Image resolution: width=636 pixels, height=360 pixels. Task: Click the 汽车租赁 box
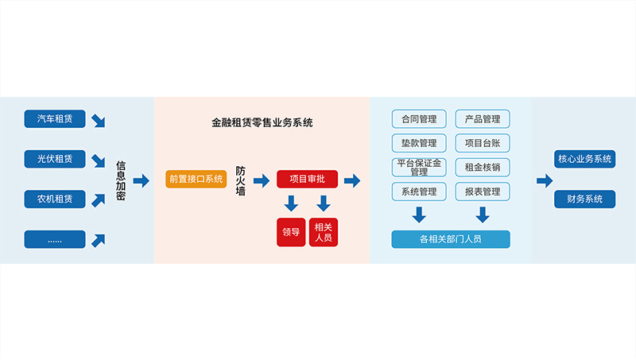click(x=54, y=119)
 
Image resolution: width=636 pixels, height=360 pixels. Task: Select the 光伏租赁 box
click(x=54, y=159)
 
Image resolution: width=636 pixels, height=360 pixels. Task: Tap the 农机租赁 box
click(x=54, y=199)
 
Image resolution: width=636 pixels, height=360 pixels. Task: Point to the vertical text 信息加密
click(x=121, y=180)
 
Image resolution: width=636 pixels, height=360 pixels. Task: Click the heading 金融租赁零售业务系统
click(x=262, y=123)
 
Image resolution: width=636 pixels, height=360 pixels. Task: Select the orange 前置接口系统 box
click(x=196, y=179)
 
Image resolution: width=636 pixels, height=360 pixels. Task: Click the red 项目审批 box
click(x=307, y=180)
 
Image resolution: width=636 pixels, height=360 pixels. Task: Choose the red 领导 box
click(x=290, y=232)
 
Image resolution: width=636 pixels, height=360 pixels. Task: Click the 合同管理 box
click(x=419, y=119)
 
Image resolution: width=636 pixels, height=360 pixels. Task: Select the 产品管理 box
click(x=482, y=119)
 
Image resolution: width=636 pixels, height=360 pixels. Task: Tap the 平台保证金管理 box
click(x=419, y=167)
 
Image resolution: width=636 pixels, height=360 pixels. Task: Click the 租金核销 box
click(x=482, y=168)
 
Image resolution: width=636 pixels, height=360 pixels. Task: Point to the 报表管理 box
click(x=482, y=192)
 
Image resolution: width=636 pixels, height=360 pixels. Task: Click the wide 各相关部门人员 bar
click(x=450, y=239)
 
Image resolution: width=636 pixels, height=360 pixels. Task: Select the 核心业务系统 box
click(x=584, y=159)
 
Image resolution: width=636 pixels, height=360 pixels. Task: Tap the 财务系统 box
click(x=584, y=199)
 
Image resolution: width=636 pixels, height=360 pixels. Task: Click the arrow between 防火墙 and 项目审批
click(x=261, y=180)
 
